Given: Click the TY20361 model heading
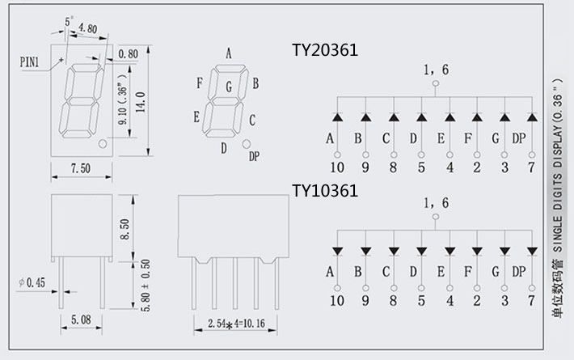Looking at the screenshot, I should pyautogui.click(x=324, y=51).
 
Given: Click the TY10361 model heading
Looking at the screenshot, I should pyautogui.click(x=324, y=191).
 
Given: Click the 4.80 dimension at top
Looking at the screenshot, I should pyautogui.click(x=89, y=28).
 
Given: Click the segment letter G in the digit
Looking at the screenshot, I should pyautogui.click(x=229, y=87).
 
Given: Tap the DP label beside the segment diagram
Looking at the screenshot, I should pyautogui.click(x=254, y=155).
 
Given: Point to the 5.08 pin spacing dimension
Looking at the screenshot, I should pyautogui.click(x=80, y=320).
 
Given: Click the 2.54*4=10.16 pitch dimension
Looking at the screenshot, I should pyautogui.click(x=230, y=324).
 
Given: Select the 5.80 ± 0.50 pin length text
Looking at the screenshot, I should pyautogui.click(x=146, y=288).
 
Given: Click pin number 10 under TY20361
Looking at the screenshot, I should pyautogui.click(x=337, y=167).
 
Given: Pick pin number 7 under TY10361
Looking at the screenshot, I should pyautogui.click(x=532, y=302).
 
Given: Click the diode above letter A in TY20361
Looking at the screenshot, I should pyautogui.click(x=337, y=117).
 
